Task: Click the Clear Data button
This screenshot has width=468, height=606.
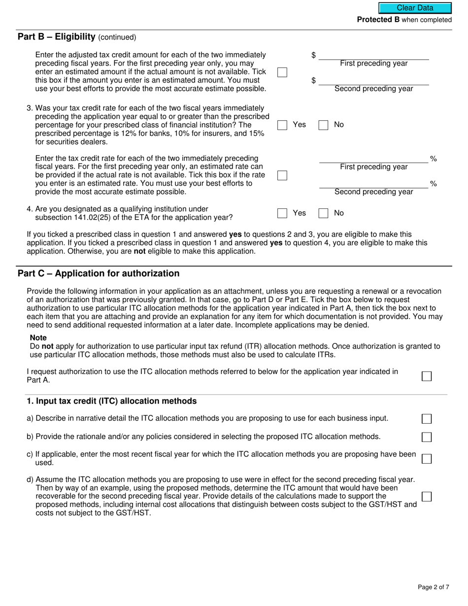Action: click(x=415, y=8)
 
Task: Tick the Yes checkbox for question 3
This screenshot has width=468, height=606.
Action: click(x=282, y=125)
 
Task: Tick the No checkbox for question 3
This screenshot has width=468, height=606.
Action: click(x=323, y=125)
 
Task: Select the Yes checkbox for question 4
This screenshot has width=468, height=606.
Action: click(x=282, y=213)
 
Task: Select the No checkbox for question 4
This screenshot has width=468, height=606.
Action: click(x=323, y=213)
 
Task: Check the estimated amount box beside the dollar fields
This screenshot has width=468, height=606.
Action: click(x=282, y=72)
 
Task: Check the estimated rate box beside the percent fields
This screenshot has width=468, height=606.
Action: click(x=282, y=175)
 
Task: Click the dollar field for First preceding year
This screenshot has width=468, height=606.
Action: click(x=373, y=55)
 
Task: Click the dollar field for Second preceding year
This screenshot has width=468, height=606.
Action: click(x=373, y=80)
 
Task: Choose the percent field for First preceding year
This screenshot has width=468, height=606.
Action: click(x=373, y=158)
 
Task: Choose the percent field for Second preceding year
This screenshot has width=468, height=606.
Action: click(x=373, y=183)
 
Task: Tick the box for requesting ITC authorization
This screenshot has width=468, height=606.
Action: click(x=427, y=376)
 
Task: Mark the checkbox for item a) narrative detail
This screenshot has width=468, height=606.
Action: click(x=427, y=419)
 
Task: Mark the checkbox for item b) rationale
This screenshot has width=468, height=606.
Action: click(x=427, y=437)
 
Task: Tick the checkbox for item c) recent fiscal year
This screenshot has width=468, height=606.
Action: click(x=427, y=459)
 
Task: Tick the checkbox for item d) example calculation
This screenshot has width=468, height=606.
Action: click(x=427, y=496)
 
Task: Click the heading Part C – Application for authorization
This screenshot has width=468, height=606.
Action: click(x=99, y=273)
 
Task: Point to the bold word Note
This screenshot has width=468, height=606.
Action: click(x=38, y=338)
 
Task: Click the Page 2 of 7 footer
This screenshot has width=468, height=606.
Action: click(x=433, y=587)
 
